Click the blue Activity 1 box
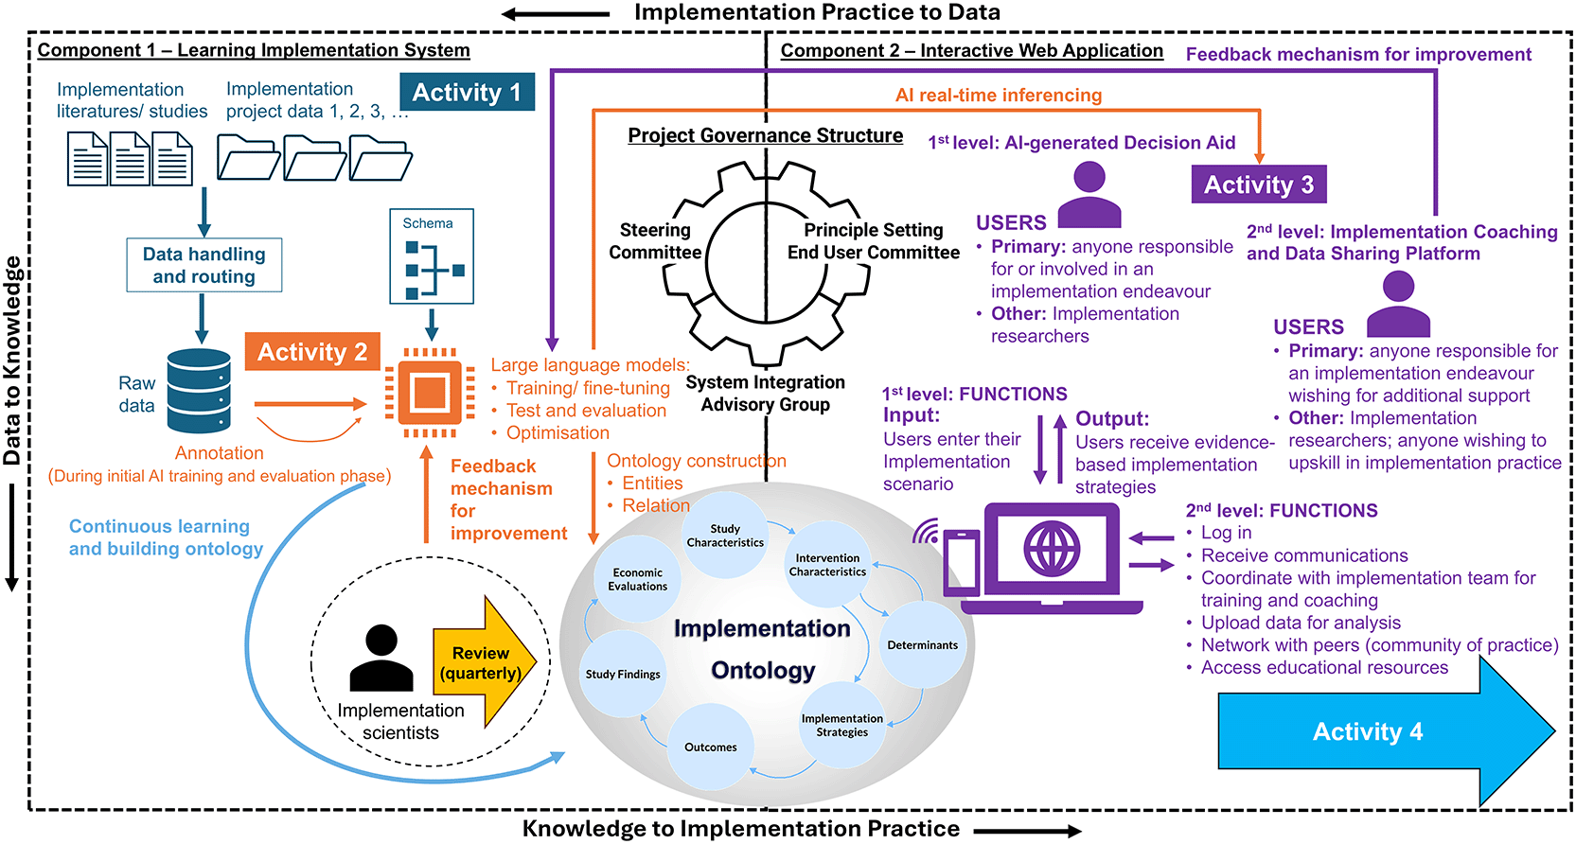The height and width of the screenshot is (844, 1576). [x=467, y=92]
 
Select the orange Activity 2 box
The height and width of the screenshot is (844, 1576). [x=312, y=352]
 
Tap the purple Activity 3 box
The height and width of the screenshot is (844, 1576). [x=1259, y=185]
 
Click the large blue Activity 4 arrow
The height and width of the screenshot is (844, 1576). [x=1372, y=731]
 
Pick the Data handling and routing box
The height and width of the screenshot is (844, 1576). [x=204, y=265]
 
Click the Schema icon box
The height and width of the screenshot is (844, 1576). [x=432, y=257]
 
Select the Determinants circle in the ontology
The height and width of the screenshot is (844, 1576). [x=923, y=645]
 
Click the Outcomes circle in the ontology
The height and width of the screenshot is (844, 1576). [x=711, y=747]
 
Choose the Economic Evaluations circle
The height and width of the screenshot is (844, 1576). [x=638, y=579]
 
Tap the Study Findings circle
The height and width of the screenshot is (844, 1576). [x=623, y=675]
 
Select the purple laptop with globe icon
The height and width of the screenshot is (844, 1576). [x=1053, y=558]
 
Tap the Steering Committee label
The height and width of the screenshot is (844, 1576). [x=655, y=241]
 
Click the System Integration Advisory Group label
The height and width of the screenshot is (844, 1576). [x=765, y=394]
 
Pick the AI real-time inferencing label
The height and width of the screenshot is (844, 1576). [x=999, y=96]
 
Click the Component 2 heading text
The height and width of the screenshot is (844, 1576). [x=971, y=51]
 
